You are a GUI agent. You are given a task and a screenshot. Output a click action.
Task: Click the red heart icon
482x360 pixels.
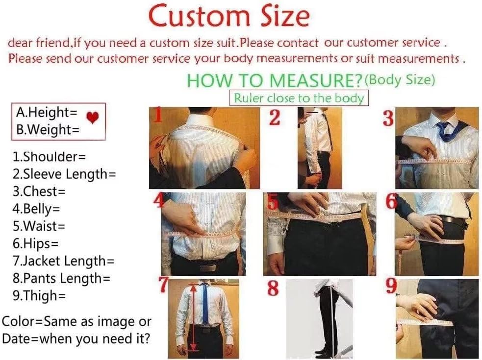(92, 118)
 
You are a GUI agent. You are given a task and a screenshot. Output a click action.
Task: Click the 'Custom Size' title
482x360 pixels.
(229, 16)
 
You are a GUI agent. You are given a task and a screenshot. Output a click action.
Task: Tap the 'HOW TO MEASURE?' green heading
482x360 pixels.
(275, 80)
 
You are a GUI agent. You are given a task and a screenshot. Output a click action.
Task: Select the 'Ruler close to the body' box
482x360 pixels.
(299, 98)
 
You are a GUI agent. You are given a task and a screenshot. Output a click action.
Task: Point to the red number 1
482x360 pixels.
(157, 116)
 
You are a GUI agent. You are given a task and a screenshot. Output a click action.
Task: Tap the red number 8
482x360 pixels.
(273, 288)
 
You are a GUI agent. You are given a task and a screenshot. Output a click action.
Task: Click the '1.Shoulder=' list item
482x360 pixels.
(49, 157)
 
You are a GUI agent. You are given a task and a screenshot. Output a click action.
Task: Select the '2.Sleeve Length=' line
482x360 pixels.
(64, 174)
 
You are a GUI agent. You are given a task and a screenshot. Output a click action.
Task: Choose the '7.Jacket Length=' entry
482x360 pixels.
(63, 261)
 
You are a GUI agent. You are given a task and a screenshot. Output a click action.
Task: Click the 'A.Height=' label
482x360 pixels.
(47, 112)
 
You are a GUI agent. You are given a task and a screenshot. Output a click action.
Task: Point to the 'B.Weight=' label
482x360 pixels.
(47, 130)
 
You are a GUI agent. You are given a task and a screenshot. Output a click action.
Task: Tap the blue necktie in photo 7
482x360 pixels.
(205, 303)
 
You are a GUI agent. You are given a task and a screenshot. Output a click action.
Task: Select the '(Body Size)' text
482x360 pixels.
(400, 79)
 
